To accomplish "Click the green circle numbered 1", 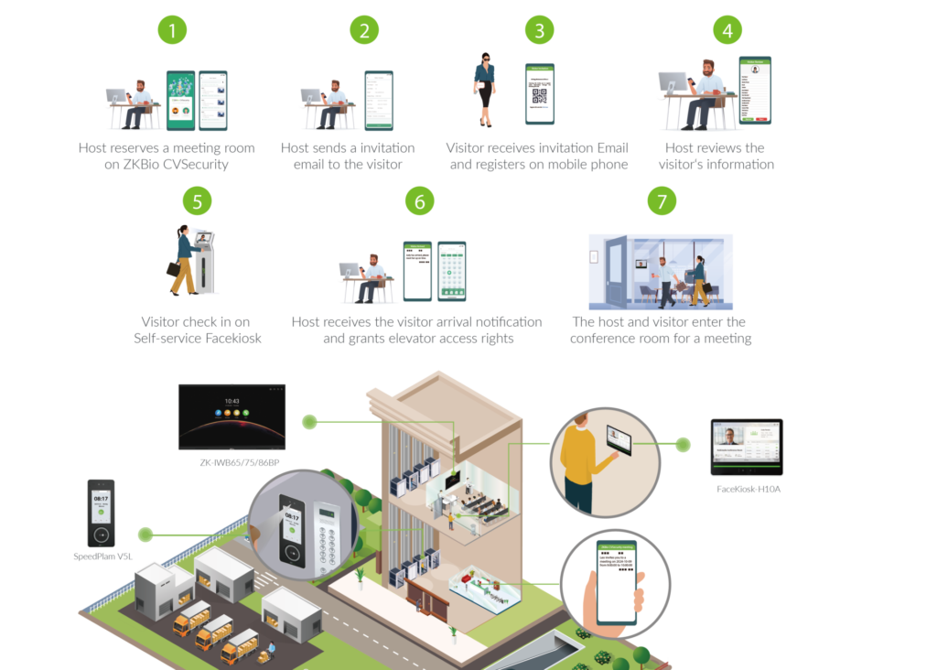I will click(172, 30).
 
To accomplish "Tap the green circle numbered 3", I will click(540, 30).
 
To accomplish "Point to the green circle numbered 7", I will click(662, 201).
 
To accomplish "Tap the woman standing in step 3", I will click(484, 92).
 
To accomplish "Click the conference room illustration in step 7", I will click(660, 272).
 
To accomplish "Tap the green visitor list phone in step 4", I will click(755, 89).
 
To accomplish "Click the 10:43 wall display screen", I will click(232, 416).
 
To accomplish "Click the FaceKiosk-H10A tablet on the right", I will click(747, 448).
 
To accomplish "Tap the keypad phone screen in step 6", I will click(451, 271).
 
